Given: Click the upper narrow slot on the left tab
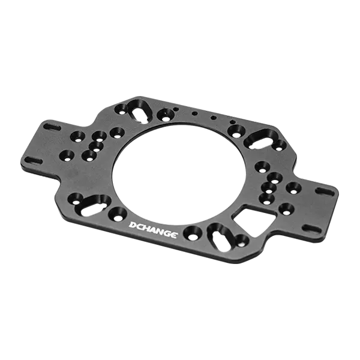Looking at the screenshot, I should [50, 127].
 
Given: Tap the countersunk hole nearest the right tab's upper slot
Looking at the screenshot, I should [293, 188].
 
